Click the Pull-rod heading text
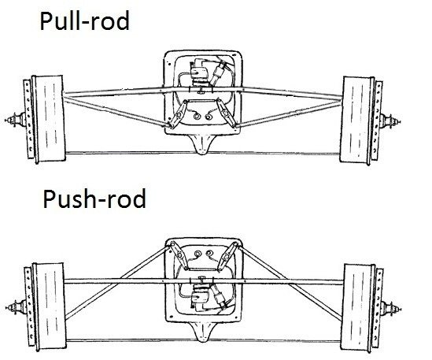click(84, 21)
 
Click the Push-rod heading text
click(94, 199)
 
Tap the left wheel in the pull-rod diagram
click(49, 119)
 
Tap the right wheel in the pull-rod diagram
click(357, 121)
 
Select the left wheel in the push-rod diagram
click(49, 306)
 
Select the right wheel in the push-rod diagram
click(358, 308)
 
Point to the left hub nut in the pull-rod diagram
click(14, 120)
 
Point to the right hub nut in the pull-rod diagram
click(390, 121)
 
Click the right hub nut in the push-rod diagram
click(391, 309)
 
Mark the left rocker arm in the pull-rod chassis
click(179, 113)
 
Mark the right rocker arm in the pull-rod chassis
click(226, 113)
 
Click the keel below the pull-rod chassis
click(203, 144)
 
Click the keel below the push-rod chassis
click(203, 332)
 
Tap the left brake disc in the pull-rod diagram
click(28, 119)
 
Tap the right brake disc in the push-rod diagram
click(378, 309)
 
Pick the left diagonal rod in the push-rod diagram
click(117, 282)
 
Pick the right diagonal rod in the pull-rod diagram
click(288, 114)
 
